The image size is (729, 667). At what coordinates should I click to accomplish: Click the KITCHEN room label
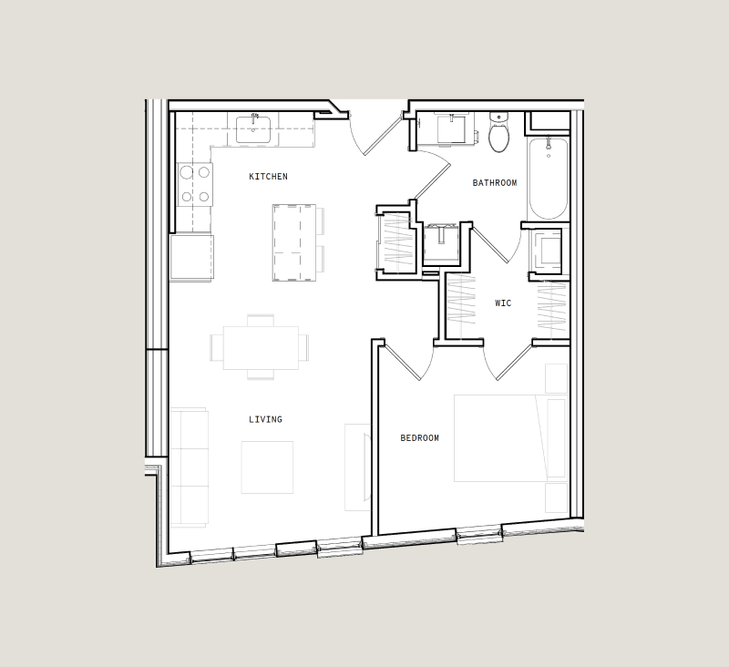[268, 177]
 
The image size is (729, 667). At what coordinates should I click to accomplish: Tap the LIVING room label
[265, 420]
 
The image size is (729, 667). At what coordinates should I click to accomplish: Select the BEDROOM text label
[419, 438]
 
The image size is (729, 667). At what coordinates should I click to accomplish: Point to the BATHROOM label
[494, 183]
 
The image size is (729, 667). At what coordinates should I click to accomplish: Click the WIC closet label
[503, 303]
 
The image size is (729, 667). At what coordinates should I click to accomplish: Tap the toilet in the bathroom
[498, 135]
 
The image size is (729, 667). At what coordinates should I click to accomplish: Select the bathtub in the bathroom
[548, 178]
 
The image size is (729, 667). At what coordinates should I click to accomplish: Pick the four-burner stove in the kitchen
[195, 184]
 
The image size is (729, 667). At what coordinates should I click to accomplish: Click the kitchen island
[293, 242]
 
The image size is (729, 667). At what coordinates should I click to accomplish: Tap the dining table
[261, 347]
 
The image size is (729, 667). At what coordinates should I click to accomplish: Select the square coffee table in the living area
[267, 467]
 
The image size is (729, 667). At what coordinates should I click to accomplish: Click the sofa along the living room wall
[189, 467]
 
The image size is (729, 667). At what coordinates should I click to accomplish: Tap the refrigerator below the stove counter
[191, 257]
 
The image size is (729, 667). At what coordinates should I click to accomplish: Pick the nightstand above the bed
[556, 378]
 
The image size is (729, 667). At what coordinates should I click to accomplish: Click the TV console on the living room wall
[357, 467]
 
